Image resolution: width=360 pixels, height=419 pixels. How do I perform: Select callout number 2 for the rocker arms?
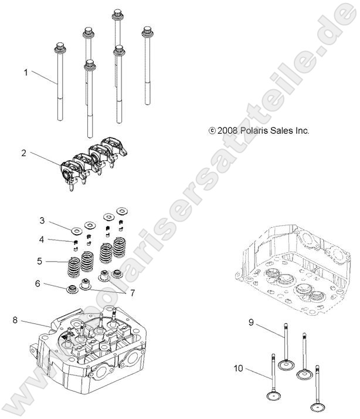tap(23, 153)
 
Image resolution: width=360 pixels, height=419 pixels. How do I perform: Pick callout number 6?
tap(38, 283)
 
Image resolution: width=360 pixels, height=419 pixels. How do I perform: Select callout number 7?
tap(132, 292)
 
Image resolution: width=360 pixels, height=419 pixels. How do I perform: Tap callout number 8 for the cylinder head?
tap(15, 320)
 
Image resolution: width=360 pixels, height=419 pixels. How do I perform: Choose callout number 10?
tap(237, 369)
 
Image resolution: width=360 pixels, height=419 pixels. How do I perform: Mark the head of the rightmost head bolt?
tap(147, 31)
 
